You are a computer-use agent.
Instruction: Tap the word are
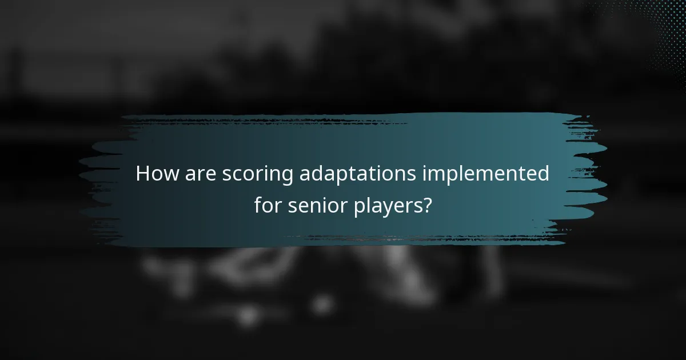pyautogui.click(x=200, y=174)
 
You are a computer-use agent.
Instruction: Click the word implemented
pyautogui.click(x=486, y=174)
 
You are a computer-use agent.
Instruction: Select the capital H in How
pyautogui.click(x=143, y=174)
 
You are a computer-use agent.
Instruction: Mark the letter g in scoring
pyautogui.click(x=288, y=177)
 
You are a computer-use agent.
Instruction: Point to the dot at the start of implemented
pyautogui.click(x=425, y=166)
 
